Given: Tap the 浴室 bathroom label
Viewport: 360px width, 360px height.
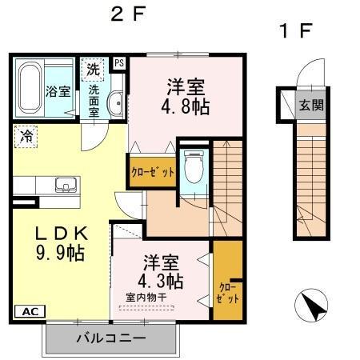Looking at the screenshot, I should (58, 90).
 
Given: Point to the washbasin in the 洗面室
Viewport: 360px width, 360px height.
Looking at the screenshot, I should (114, 104).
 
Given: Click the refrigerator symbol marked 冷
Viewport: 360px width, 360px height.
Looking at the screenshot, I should (26, 137).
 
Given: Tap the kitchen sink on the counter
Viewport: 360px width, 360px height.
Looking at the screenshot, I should (65, 185).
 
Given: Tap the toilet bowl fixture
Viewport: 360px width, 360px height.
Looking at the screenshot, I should (192, 168).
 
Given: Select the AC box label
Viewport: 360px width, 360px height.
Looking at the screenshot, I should (26, 312).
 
